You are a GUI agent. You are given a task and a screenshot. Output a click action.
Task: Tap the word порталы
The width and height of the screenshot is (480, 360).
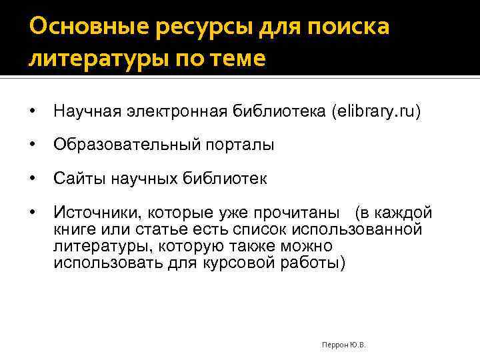tap(231, 145)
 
